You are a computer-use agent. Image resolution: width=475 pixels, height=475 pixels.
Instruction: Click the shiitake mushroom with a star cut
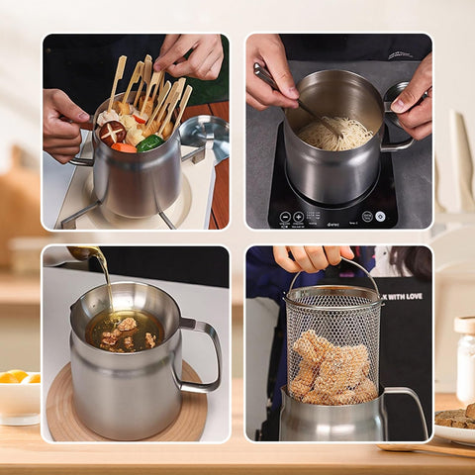click(x=112, y=131)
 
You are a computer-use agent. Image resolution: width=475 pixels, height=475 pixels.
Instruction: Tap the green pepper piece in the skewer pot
click(x=150, y=143)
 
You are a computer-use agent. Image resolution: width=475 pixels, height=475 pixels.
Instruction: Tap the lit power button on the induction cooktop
click(x=380, y=216)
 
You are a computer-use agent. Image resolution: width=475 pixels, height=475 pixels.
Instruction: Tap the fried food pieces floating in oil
click(x=126, y=333)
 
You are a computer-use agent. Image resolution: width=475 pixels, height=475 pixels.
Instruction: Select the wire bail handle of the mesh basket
click(x=334, y=272)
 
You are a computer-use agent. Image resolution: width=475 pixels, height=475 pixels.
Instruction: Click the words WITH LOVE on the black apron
click(x=404, y=296)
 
